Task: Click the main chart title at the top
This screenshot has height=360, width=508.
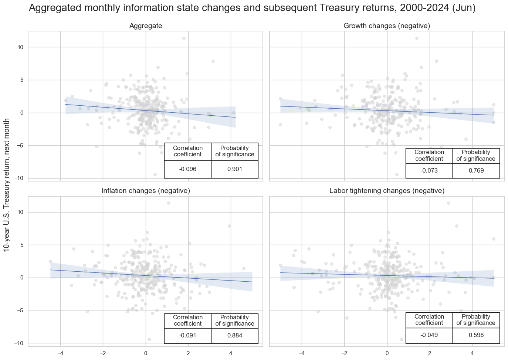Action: pyautogui.click(x=252, y=9)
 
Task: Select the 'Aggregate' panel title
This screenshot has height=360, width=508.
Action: pyautogui.click(x=146, y=26)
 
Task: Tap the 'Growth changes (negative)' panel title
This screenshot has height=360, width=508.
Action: pyautogui.click(x=387, y=26)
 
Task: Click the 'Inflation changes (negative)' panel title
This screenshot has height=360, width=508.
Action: pyautogui.click(x=146, y=191)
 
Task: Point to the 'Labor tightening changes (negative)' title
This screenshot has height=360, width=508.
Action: pyautogui.click(x=387, y=191)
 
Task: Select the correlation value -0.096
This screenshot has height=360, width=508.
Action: pyautogui.click(x=188, y=169)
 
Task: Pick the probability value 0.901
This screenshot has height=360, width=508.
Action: pyautogui.click(x=235, y=169)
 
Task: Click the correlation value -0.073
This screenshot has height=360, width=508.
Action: pyautogui.click(x=429, y=171)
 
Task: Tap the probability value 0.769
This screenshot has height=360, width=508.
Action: pyautogui.click(x=476, y=171)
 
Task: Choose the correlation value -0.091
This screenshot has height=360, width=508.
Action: pyautogui.click(x=188, y=336)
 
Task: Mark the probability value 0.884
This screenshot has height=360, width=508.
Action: pyautogui.click(x=235, y=336)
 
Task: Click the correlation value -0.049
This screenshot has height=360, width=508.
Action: pyautogui.click(x=429, y=335)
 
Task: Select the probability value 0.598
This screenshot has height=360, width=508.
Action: pyautogui.click(x=476, y=335)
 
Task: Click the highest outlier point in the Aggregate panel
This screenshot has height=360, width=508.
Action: pyautogui.click(x=184, y=38)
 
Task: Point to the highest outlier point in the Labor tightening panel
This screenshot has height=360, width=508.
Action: pyautogui.click(x=448, y=203)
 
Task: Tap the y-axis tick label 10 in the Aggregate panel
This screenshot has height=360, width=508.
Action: pyautogui.click(x=20, y=47)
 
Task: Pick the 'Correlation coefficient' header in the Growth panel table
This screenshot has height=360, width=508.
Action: pyautogui.click(x=429, y=155)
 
